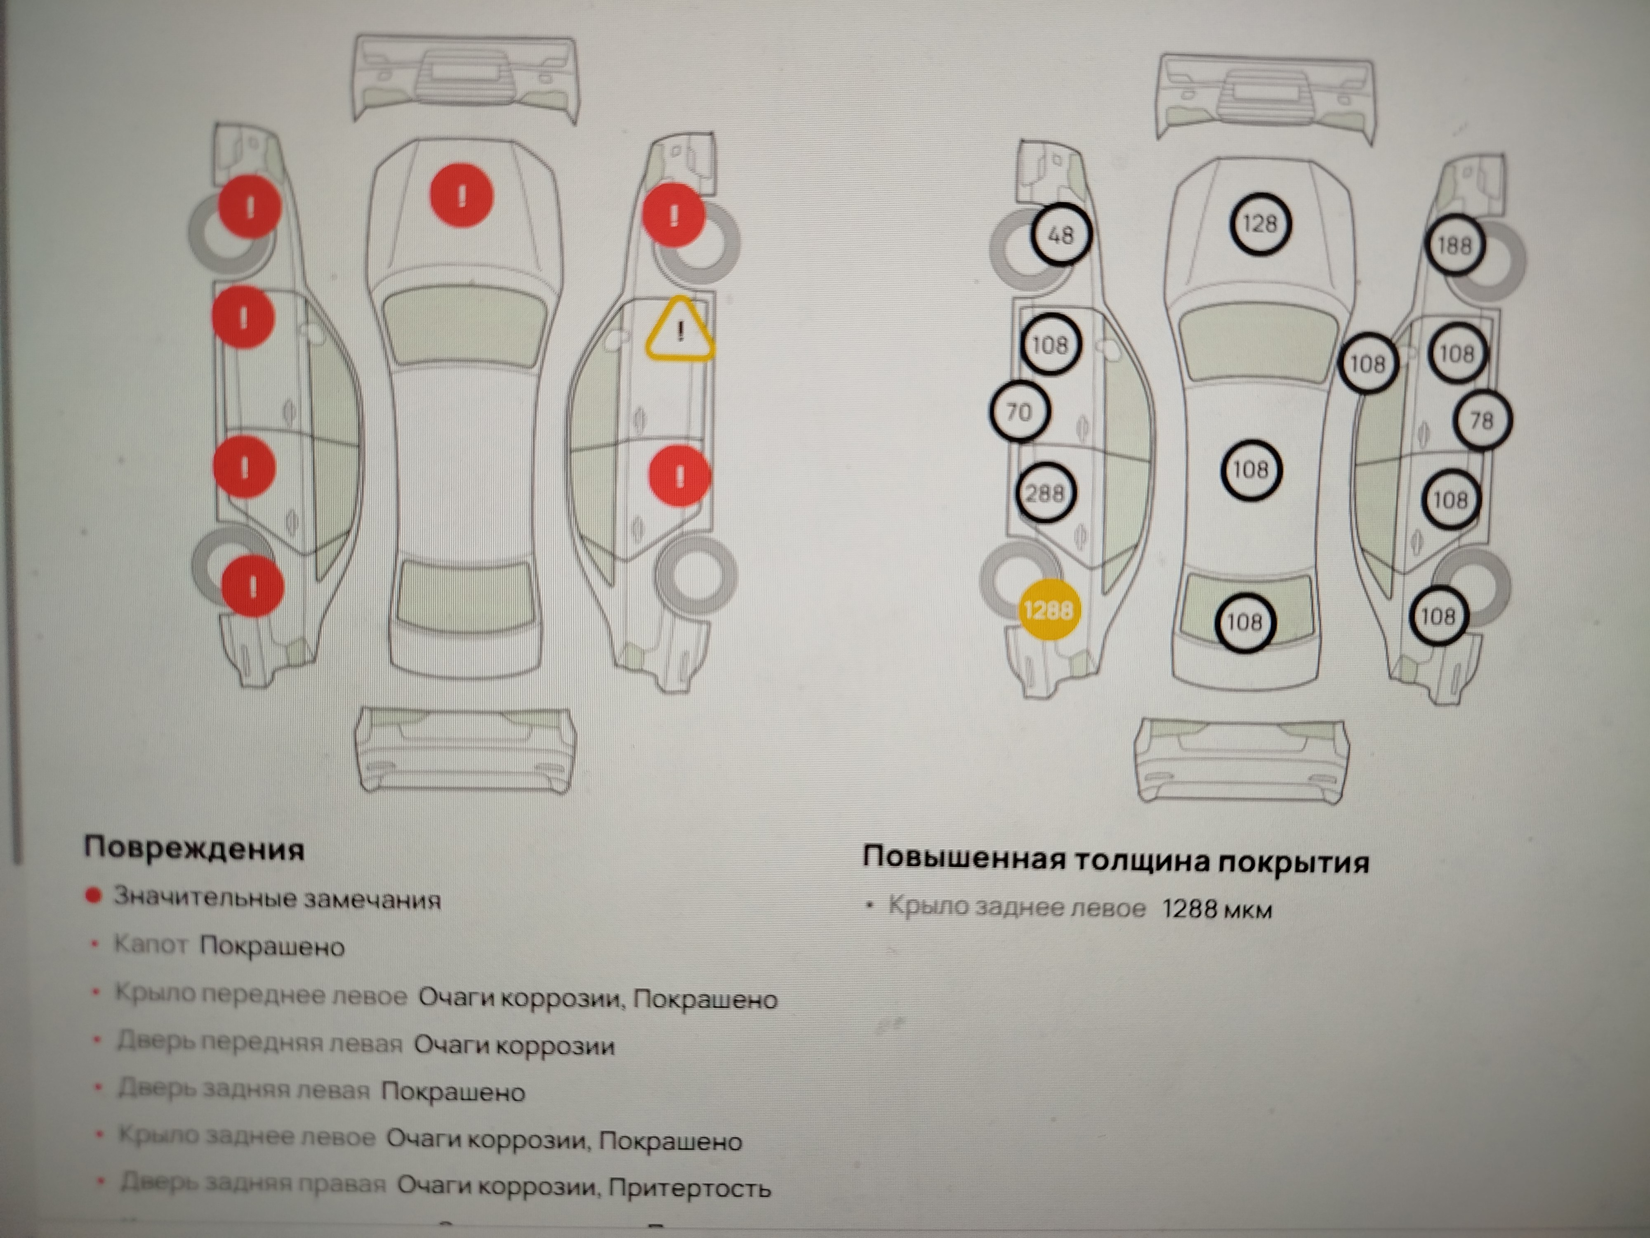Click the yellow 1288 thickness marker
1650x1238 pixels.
point(1048,610)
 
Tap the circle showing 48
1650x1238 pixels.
point(1060,234)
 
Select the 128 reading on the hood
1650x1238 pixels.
point(1259,223)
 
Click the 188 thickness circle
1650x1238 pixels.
point(1454,245)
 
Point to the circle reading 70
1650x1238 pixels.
point(1019,411)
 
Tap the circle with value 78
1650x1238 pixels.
point(1481,420)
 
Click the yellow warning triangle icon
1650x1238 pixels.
point(679,331)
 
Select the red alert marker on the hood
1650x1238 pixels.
point(462,196)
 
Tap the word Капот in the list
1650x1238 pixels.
point(150,945)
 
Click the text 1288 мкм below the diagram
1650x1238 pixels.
point(1216,909)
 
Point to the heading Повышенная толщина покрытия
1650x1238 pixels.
point(1115,860)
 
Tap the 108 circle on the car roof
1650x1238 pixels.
point(1250,469)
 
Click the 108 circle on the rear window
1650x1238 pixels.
point(1244,621)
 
